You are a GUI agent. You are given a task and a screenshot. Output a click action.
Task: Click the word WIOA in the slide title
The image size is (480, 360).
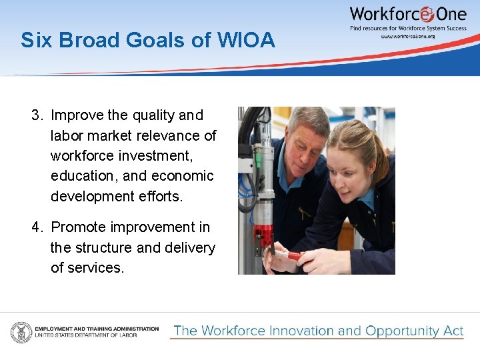coord(246,41)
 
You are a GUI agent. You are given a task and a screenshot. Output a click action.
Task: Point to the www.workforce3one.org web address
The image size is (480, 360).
coord(408,36)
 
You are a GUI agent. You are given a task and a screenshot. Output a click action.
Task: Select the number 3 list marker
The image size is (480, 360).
coord(37,115)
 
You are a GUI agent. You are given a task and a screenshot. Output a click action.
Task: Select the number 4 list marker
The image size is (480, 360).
coord(37,227)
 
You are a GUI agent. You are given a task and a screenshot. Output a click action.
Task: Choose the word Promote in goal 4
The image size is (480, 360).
coord(79,227)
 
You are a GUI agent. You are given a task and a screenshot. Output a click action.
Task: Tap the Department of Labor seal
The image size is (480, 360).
coord(21,331)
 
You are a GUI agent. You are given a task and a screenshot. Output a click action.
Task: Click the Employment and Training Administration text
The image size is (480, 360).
coord(97,329)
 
